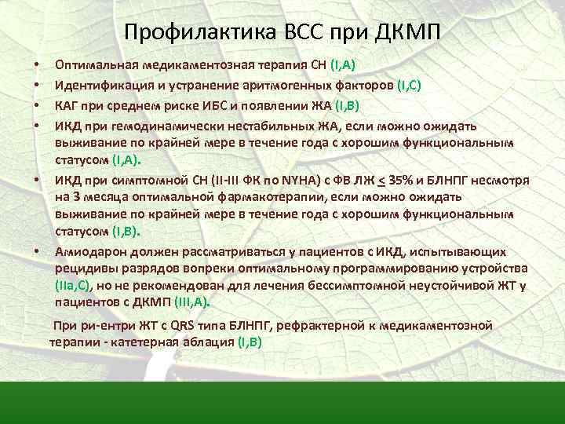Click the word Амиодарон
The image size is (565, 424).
(86, 251)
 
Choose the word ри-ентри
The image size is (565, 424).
(100, 325)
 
